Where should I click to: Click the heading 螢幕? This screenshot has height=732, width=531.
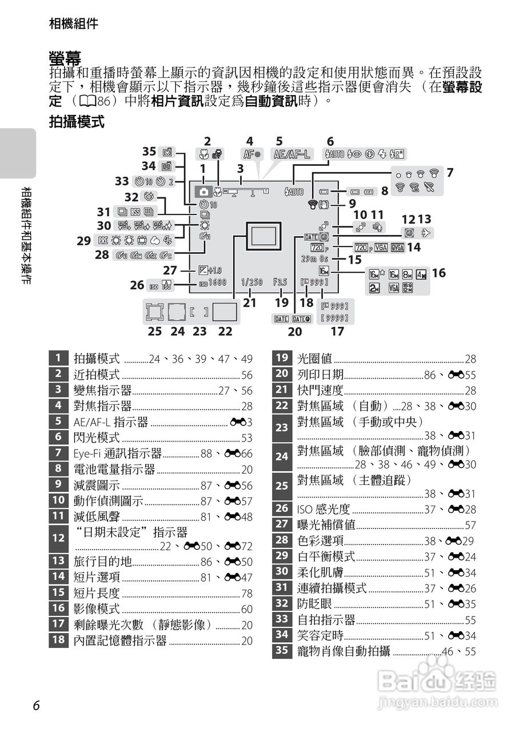point(65,57)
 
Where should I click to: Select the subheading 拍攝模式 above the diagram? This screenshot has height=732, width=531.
point(77,121)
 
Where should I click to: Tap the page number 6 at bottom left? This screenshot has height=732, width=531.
point(36,706)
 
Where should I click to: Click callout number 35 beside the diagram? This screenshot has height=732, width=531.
point(149,151)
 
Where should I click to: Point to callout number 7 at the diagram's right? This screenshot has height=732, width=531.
point(450,172)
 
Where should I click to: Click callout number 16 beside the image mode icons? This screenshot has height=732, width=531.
point(438,273)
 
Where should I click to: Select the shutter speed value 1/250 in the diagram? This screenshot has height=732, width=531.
point(251,282)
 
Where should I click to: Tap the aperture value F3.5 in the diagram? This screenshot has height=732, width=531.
point(280,282)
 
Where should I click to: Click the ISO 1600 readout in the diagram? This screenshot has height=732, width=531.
point(213,282)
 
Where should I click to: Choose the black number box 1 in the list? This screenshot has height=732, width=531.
point(58,359)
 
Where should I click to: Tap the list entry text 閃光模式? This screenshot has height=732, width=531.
point(97,438)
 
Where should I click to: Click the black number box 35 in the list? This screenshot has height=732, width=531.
point(282,651)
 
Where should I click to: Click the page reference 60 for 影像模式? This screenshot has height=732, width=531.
point(246,610)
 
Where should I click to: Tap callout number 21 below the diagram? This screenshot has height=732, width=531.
point(249,303)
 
